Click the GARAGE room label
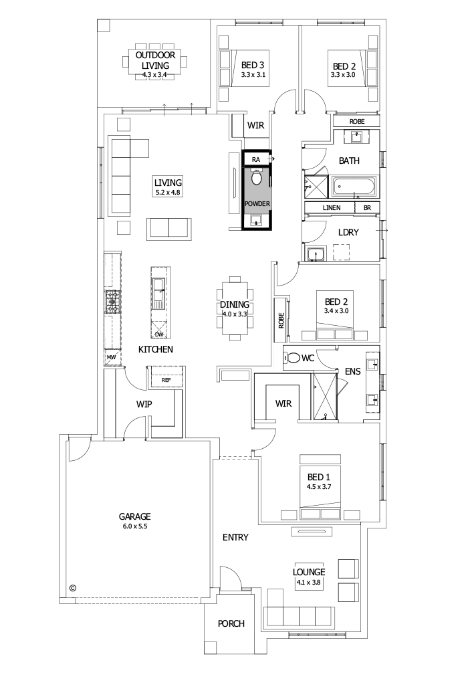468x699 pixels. click(x=134, y=516)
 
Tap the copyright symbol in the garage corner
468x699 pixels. click(x=73, y=588)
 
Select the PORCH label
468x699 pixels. click(x=231, y=623)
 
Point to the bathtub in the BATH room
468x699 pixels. click(x=354, y=185)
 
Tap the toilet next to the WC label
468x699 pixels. click(x=291, y=358)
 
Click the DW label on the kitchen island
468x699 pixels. click(x=159, y=334)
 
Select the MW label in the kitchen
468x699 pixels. click(x=111, y=358)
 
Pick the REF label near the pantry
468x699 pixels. click(x=165, y=380)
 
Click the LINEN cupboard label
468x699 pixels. click(x=332, y=208)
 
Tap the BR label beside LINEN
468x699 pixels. click(x=366, y=208)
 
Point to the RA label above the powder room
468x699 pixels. click(x=256, y=160)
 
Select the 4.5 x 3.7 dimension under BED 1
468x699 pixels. click(x=318, y=486)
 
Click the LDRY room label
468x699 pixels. click(x=349, y=232)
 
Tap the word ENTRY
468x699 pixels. click(x=235, y=537)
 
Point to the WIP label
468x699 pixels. click(x=145, y=405)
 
